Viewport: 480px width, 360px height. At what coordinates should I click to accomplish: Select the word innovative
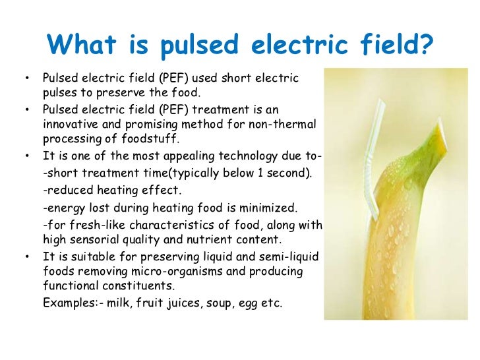tap(72, 123)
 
